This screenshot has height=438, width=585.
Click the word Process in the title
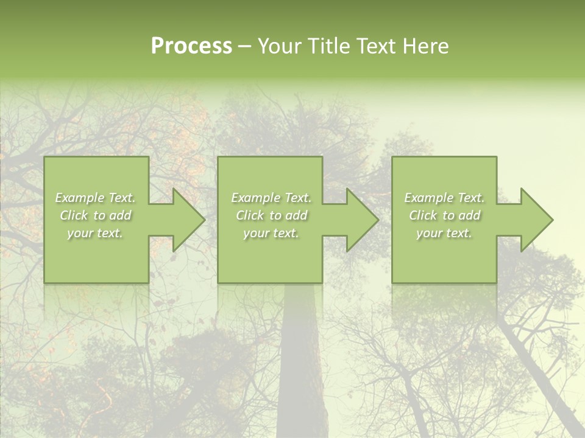191,46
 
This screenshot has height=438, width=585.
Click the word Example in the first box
80,198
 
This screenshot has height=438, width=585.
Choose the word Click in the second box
250,215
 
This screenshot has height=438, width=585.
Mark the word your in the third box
429,233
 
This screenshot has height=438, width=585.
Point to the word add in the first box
120,215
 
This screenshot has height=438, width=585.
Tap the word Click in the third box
423,215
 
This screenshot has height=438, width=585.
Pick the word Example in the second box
255,198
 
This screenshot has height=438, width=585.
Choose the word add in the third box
469,215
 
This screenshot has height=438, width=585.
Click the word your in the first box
80,233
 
